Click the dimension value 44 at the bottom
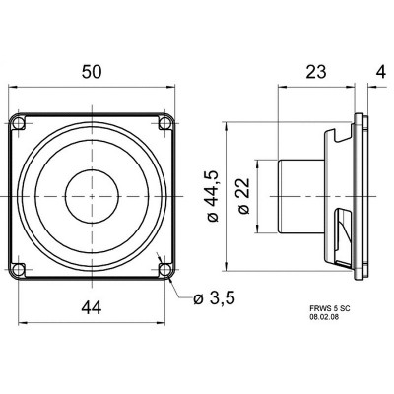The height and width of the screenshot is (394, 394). (92, 308)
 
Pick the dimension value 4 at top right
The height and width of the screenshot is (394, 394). (380, 72)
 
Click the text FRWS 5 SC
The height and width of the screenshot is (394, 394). (328, 308)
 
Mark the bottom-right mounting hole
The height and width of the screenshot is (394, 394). (165, 268)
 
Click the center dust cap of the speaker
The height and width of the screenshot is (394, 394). (93, 195)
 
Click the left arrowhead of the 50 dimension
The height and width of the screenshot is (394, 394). (13, 89)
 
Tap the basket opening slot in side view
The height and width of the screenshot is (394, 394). (342, 236)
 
